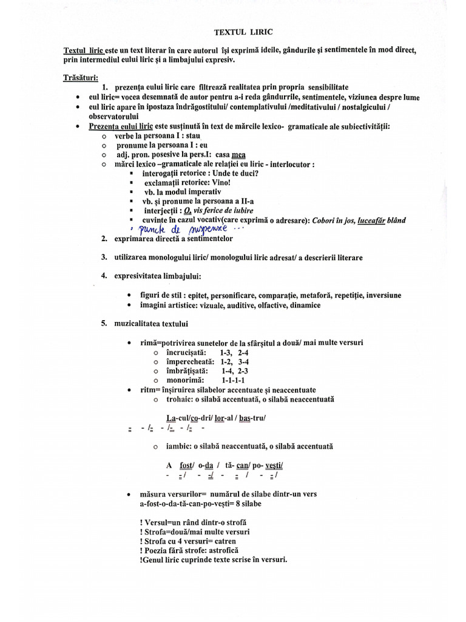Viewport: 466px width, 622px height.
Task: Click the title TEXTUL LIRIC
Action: [x=239, y=31]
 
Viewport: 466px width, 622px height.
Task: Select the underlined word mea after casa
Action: [x=238, y=154]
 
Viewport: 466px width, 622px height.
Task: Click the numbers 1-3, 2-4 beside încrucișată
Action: [x=235, y=352]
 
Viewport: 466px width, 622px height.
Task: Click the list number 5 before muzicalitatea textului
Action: [x=104, y=323]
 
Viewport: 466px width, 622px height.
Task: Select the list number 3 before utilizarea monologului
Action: [x=104, y=258]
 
